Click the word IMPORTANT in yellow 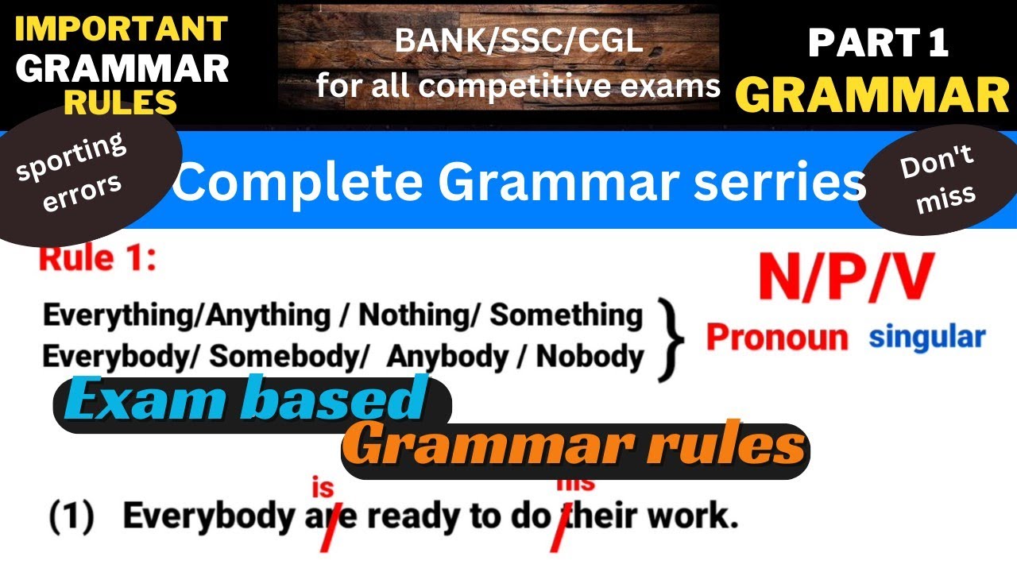(121, 29)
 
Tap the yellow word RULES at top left (121, 101)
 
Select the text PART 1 (878, 43)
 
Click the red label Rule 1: (97, 260)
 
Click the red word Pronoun (776, 338)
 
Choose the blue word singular (926, 337)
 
